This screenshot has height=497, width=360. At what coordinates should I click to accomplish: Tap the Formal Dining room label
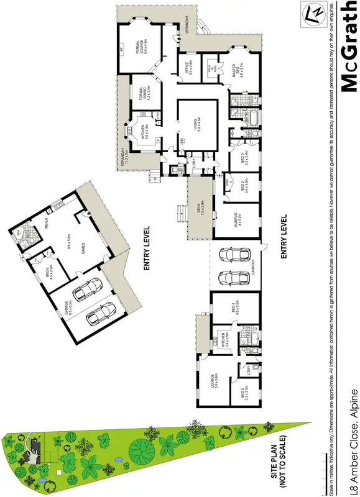click(145, 93)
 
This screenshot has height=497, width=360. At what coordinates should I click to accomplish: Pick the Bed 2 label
click(245, 188)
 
